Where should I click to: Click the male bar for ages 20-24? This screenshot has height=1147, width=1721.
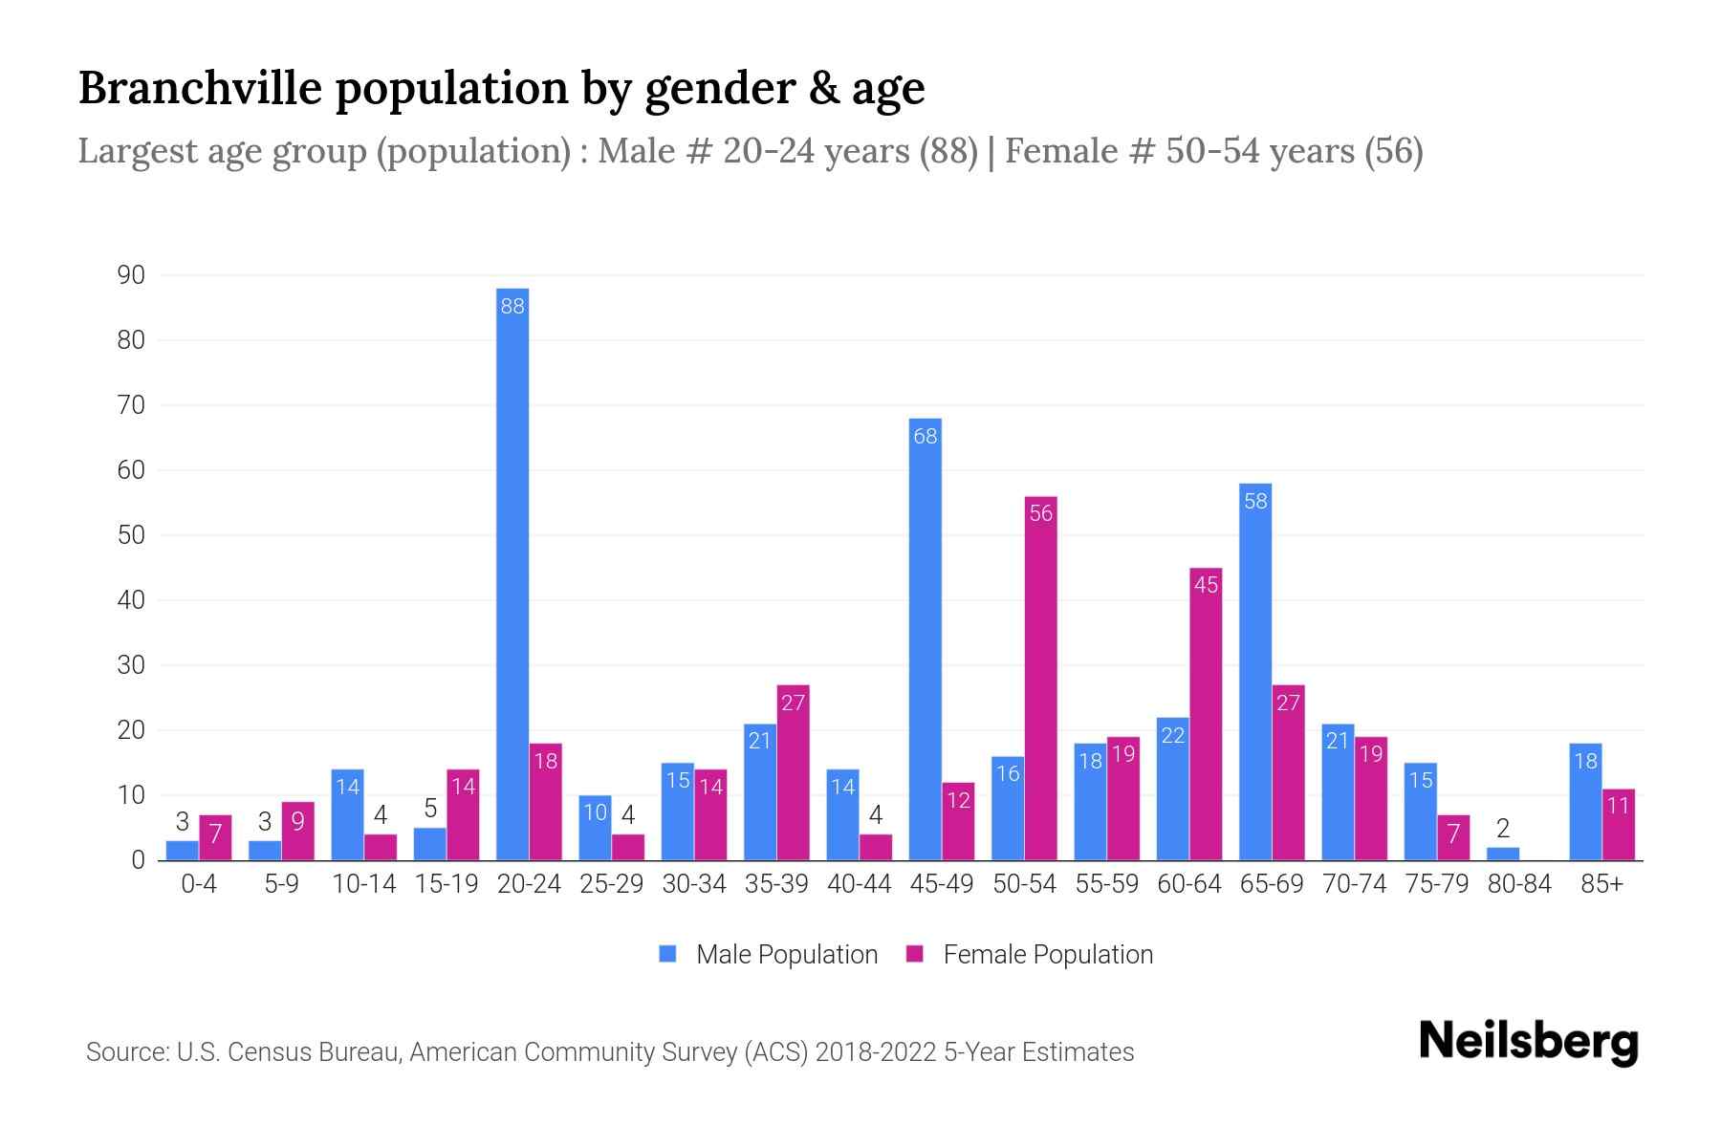point(512,573)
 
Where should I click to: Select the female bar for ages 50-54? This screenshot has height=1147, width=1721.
point(1040,679)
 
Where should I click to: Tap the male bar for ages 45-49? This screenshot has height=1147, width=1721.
point(925,640)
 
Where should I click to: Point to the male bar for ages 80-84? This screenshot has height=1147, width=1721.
point(1502,854)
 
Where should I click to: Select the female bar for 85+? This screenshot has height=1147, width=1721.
point(1618,825)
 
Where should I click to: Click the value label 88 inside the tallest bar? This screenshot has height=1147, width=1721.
point(512,306)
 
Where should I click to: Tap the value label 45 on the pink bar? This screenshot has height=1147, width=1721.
point(1206,584)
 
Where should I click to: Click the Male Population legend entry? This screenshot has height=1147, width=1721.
point(769,954)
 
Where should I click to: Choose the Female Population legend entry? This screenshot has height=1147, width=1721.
point(1030,954)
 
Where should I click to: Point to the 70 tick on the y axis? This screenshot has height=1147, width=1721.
point(131,405)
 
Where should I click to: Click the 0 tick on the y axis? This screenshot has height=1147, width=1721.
point(139,860)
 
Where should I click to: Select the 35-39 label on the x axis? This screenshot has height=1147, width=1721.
point(776,884)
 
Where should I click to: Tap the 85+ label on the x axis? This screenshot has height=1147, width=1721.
point(1601,884)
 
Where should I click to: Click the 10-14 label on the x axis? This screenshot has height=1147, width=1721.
point(363,884)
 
